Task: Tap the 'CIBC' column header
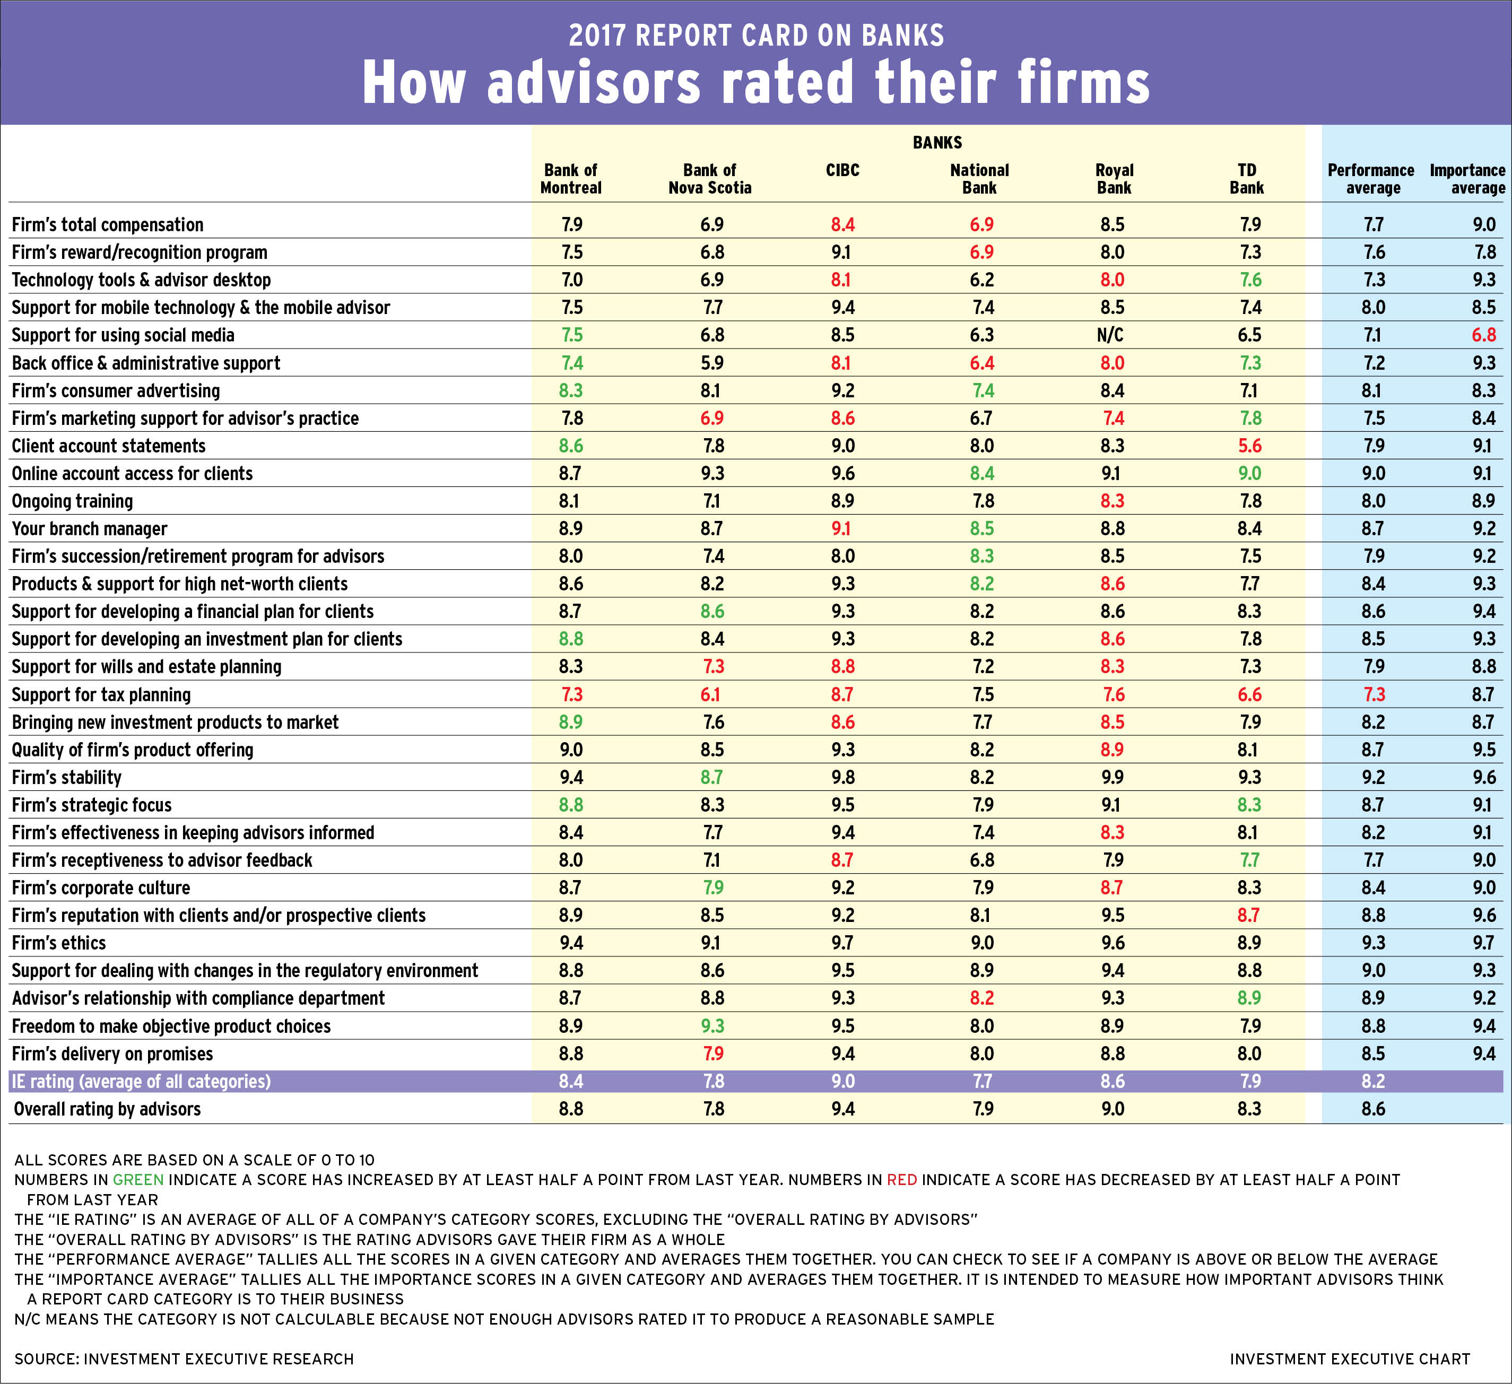point(842,170)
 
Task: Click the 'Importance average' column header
point(1467,179)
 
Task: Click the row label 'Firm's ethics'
point(59,943)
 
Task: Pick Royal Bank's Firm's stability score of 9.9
point(1113,778)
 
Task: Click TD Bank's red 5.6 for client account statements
point(1249,446)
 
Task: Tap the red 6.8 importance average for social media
point(1483,335)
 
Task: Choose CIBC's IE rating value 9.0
point(842,1081)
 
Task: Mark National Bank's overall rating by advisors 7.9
point(982,1109)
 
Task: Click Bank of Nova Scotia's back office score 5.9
point(712,363)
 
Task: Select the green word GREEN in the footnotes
point(138,1179)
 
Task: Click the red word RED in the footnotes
point(901,1179)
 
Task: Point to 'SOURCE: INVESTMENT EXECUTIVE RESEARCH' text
point(184,1359)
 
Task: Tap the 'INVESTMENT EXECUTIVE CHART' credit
point(1349,1359)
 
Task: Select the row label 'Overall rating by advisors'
point(107,1109)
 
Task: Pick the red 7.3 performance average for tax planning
point(1373,695)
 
